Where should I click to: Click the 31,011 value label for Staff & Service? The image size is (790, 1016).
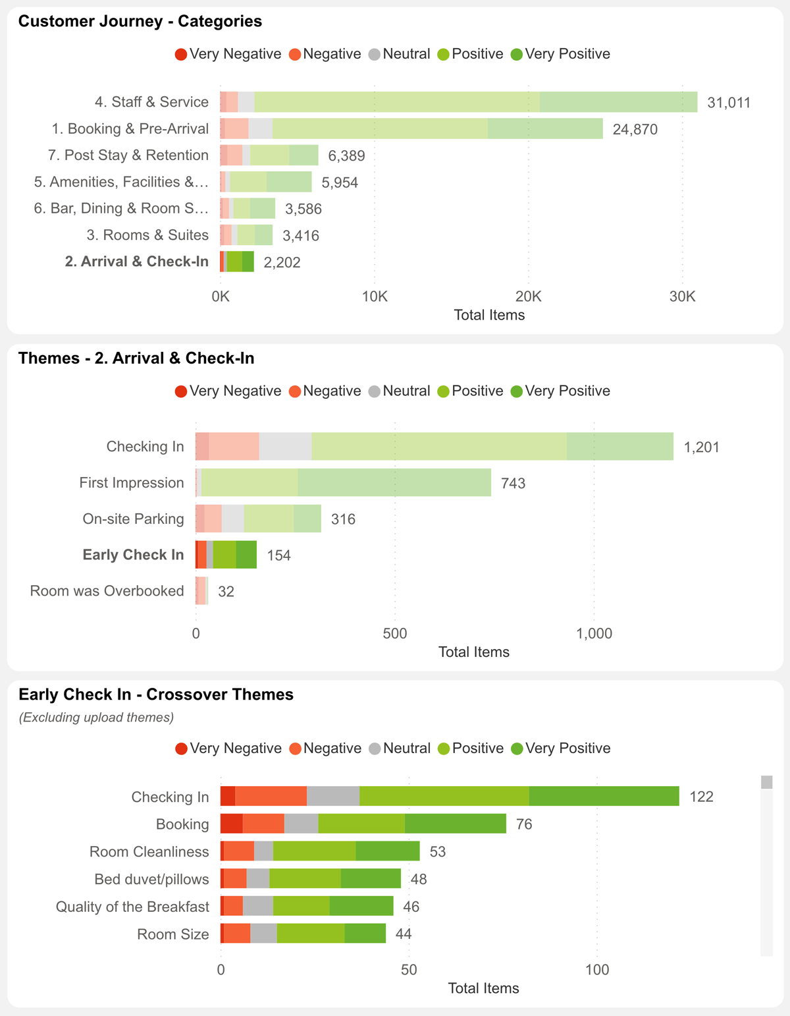(728, 103)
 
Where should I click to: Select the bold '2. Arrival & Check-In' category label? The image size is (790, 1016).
(136, 262)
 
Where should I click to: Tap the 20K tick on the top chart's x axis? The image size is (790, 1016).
(528, 296)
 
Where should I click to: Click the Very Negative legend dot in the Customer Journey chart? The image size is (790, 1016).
(181, 55)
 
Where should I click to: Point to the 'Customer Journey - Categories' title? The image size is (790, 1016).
(140, 21)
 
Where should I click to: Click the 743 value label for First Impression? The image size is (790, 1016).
(513, 484)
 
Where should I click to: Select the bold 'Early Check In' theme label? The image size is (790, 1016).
(133, 555)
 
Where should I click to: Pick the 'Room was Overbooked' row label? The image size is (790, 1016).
(107, 591)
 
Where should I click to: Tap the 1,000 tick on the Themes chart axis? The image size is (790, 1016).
(594, 634)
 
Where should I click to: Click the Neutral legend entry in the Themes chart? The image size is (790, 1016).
(399, 391)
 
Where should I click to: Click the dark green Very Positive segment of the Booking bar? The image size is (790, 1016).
(455, 824)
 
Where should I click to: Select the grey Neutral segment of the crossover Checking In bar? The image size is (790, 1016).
(333, 797)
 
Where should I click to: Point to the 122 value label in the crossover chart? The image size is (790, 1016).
(701, 797)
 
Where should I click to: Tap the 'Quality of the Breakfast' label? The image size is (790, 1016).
(132, 907)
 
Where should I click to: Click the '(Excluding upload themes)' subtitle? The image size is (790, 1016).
(96, 718)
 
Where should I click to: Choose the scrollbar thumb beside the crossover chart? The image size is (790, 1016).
(766, 782)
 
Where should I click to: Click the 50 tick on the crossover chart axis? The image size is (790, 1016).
(409, 970)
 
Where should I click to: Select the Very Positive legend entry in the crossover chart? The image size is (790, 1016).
(560, 748)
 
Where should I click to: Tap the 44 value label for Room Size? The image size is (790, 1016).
(404, 934)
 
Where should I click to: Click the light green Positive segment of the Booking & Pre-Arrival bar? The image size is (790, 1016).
(380, 129)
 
